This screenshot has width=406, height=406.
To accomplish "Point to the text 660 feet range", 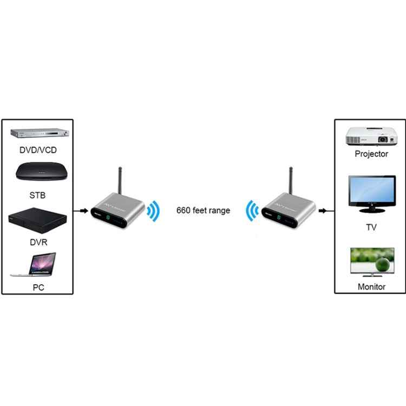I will (203, 210).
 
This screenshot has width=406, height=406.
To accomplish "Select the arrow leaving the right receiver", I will (324, 210).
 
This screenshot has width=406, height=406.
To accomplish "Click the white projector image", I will (371, 135).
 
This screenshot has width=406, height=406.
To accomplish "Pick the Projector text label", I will (371, 154).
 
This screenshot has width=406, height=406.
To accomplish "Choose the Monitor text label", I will (371, 286).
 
